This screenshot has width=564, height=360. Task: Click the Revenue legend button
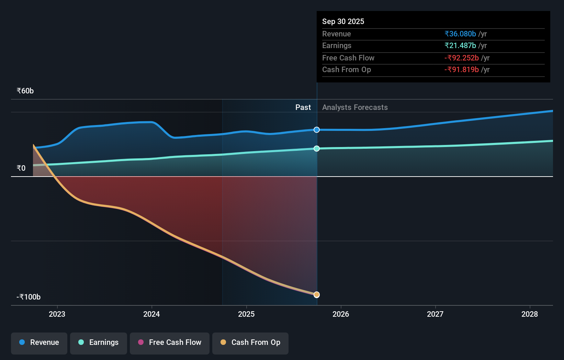pyautogui.click(x=39, y=342)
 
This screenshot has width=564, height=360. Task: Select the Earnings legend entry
pyautogui.click(x=99, y=342)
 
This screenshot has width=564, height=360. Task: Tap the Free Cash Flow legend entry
pyautogui.click(x=170, y=342)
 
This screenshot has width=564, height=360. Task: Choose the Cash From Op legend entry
pyautogui.click(x=250, y=342)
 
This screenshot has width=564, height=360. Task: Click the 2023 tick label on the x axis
pyautogui.click(x=57, y=314)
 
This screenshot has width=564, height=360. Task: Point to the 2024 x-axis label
pyautogui.click(x=151, y=314)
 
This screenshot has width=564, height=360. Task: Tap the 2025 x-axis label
pyautogui.click(x=246, y=314)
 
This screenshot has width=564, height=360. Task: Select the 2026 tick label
pyautogui.click(x=341, y=314)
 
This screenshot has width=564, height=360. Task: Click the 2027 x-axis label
pyautogui.click(x=435, y=314)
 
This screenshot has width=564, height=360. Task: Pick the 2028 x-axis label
pyautogui.click(x=530, y=314)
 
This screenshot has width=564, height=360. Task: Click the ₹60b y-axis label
pyautogui.click(x=25, y=91)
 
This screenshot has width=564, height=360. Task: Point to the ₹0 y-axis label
pyautogui.click(x=21, y=168)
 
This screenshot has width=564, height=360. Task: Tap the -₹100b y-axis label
pyautogui.click(x=29, y=297)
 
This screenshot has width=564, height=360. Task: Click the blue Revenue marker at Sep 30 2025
pyautogui.click(x=317, y=130)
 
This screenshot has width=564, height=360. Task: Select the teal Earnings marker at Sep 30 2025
pyautogui.click(x=317, y=148)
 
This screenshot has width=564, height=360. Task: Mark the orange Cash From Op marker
pyautogui.click(x=317, y=295)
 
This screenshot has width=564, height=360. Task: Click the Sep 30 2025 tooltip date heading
pyautogui.click(x=343, y=21)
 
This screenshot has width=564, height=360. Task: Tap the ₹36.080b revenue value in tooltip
pyautogui.click(x=460, y=34)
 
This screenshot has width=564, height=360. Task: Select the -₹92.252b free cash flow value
pyautogui.click(x=462, y=58)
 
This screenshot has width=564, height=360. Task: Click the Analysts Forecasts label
pyautogui.click(x=355, y=108)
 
